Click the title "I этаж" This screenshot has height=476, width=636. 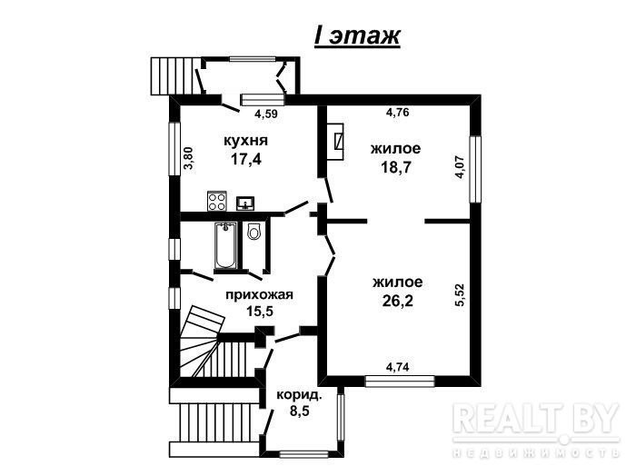[357, 36]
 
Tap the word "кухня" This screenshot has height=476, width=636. [246, 141]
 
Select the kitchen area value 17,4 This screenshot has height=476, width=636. [246, 159]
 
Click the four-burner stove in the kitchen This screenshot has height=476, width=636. [216, 201]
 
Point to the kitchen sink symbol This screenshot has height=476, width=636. [246, 203]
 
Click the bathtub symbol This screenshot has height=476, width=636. [225, 245]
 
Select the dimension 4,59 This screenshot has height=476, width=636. [266, 114]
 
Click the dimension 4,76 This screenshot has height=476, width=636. [398, 112]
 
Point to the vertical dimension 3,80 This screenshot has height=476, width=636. [189, 158]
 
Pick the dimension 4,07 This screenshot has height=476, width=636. [460, 167]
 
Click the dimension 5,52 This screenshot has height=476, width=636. [460, 294]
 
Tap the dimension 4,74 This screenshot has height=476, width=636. [398, 367]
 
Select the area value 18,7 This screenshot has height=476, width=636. [396, 166]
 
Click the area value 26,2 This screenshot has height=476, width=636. [398, 301]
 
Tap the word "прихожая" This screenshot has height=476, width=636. [259, 294]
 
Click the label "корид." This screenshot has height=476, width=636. [299, 395]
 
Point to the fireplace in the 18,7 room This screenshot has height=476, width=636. [335, 142]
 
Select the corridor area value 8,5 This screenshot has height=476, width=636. [300, 412]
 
